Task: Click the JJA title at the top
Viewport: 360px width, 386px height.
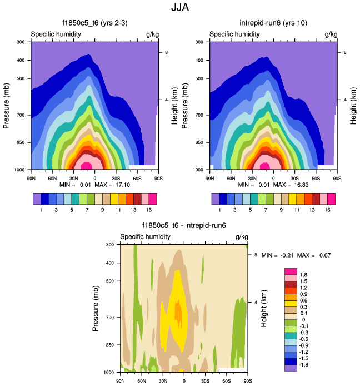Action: tap(180, 9)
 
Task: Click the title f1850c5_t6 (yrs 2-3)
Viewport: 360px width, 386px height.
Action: tap(94, 23)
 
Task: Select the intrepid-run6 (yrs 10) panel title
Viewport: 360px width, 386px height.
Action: tap(273, 23)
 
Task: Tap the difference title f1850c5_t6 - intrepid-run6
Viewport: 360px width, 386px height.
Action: tap(184, 226)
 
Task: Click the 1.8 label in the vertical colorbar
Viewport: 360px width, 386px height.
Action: tap(303, 275)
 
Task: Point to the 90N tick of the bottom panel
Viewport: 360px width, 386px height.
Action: tap(121, 381)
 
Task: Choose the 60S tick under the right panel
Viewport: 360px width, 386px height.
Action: tap(316, 178)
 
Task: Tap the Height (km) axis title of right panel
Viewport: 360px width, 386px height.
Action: tap(354, 106)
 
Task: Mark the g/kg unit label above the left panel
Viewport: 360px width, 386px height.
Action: tap(152, 34)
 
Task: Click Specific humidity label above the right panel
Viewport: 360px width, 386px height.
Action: tap(235, 34)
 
